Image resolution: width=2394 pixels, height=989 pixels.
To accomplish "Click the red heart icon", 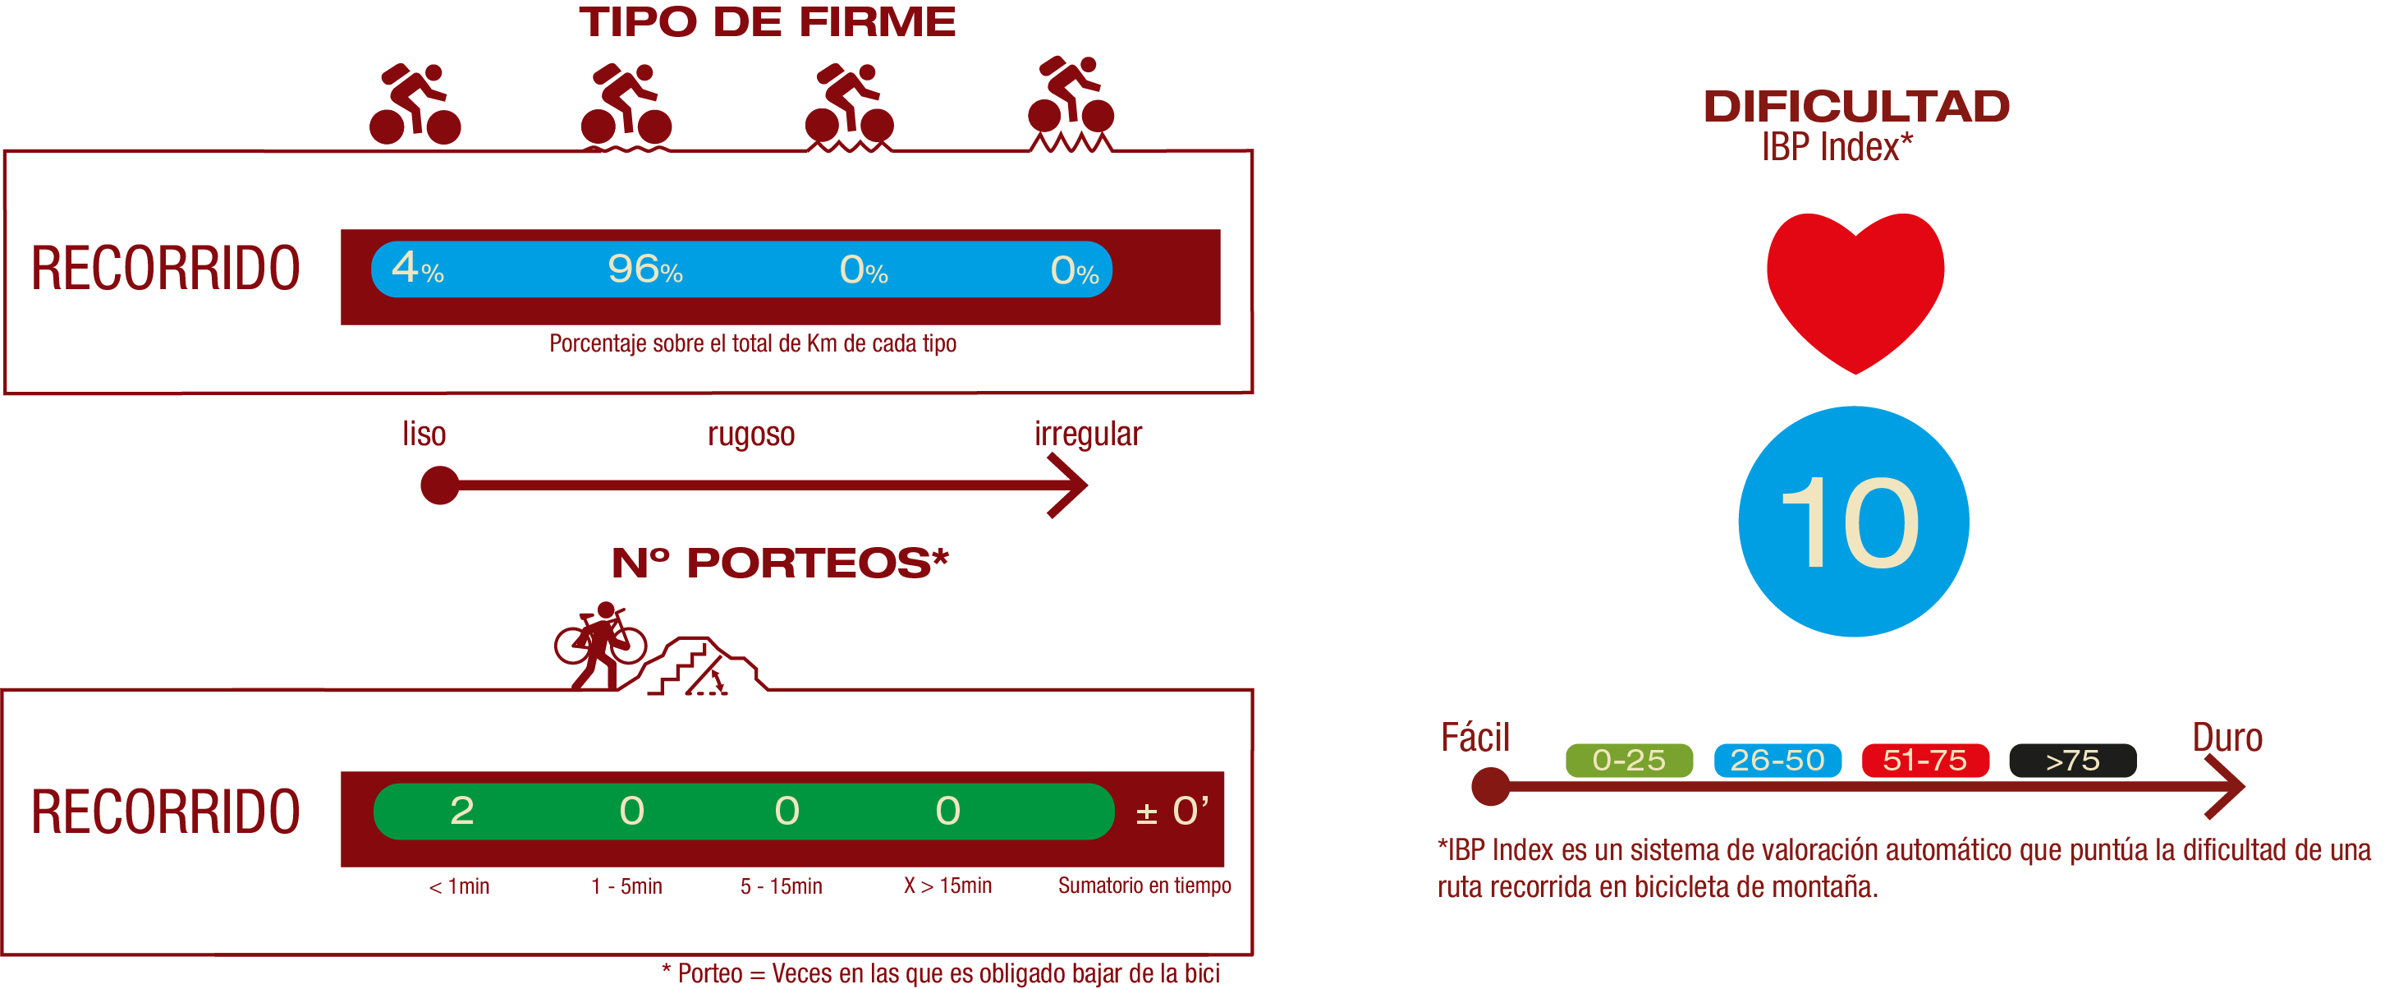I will pos(1854,288).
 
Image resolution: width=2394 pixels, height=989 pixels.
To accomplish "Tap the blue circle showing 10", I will pos(1852,522).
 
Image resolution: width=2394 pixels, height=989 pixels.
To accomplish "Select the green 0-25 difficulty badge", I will pos(1628,761).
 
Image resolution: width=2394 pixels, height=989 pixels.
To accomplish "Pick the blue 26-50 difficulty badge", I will pos(1776,761).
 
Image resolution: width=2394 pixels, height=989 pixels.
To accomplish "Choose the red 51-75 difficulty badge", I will pos(1924,761).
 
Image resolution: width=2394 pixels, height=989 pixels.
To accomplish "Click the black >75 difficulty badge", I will pos(2071,761).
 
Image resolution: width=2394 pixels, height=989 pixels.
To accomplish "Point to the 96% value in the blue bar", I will pos(645,269).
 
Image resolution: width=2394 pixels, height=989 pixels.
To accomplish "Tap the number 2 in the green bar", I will pos(462,812).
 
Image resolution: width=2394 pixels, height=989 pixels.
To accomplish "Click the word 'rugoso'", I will pos(751,434).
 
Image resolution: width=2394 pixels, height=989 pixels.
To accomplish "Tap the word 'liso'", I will pos(424,433).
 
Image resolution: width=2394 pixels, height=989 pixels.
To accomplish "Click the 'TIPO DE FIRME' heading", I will pos(767,22).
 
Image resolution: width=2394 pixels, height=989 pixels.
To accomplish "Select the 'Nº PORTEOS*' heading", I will pos(780,563).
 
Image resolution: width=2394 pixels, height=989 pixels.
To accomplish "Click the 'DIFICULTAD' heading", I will pos(1856,107).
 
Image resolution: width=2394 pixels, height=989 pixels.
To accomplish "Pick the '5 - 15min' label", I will pos(781,885).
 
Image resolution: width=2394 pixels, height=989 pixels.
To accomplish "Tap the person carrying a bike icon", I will pos(599,645).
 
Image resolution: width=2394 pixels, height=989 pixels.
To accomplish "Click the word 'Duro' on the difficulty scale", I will pos(2227,738).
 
